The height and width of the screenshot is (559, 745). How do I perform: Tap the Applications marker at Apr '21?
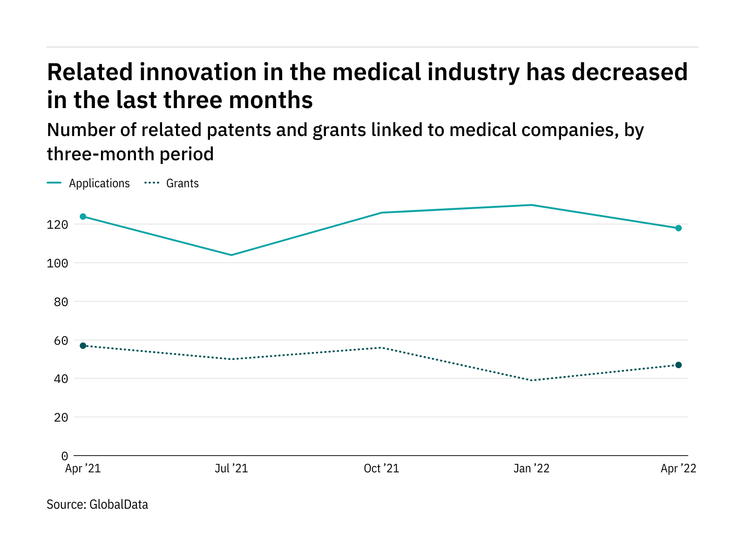click(83, 217)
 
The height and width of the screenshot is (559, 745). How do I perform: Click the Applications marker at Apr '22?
click(678, 228)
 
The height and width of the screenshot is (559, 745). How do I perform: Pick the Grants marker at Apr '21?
click(83, 346)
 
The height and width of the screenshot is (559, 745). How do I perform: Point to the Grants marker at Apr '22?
click(678, 365)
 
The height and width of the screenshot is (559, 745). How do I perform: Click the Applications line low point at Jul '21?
click(231, 255)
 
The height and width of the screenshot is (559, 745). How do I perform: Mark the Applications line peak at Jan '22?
click(531, 205)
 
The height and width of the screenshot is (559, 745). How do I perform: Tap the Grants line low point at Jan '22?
click(531, 381)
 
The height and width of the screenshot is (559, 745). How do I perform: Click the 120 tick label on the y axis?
click(57, 225)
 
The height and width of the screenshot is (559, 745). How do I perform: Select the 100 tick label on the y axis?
click(57, 263)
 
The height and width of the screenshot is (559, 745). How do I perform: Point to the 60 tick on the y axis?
click(61, 341)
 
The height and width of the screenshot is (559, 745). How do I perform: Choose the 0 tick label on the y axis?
click(65, 456)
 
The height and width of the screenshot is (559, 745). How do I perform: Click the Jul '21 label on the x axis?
click(231, 469)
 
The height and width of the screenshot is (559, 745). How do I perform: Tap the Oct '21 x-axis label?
click(381, 469)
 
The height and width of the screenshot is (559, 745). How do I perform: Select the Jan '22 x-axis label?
click(531, 469)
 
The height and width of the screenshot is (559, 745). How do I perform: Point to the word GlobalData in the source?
click(119, 504)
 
